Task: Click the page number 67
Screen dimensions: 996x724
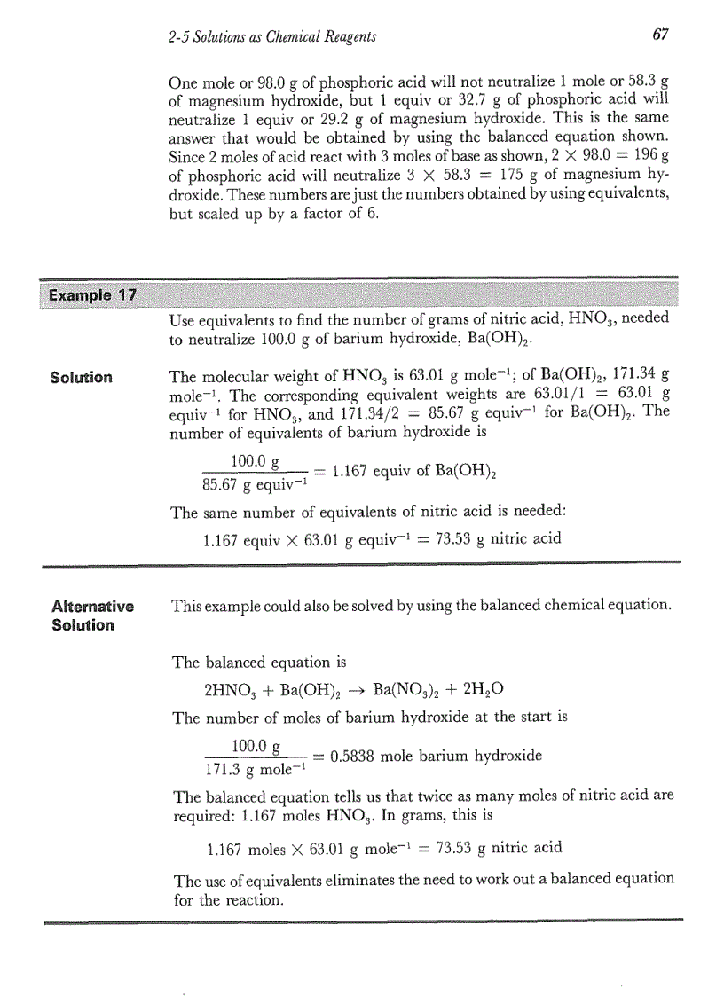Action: (x=658, y=35)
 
